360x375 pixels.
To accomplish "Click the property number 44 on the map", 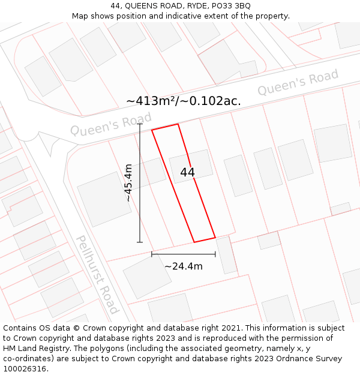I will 187,172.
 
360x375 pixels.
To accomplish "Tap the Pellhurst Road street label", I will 97,274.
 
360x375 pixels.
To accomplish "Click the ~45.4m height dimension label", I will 128,182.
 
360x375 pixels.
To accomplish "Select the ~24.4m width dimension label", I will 184,266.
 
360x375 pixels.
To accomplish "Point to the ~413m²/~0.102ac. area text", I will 184,101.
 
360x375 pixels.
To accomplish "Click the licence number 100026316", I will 25,369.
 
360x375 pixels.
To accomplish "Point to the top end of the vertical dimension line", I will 140,124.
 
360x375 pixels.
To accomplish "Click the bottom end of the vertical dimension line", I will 140,242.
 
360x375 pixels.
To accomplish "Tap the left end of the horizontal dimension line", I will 152,254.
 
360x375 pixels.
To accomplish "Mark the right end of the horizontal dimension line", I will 215,254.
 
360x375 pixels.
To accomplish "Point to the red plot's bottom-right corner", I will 215,238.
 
